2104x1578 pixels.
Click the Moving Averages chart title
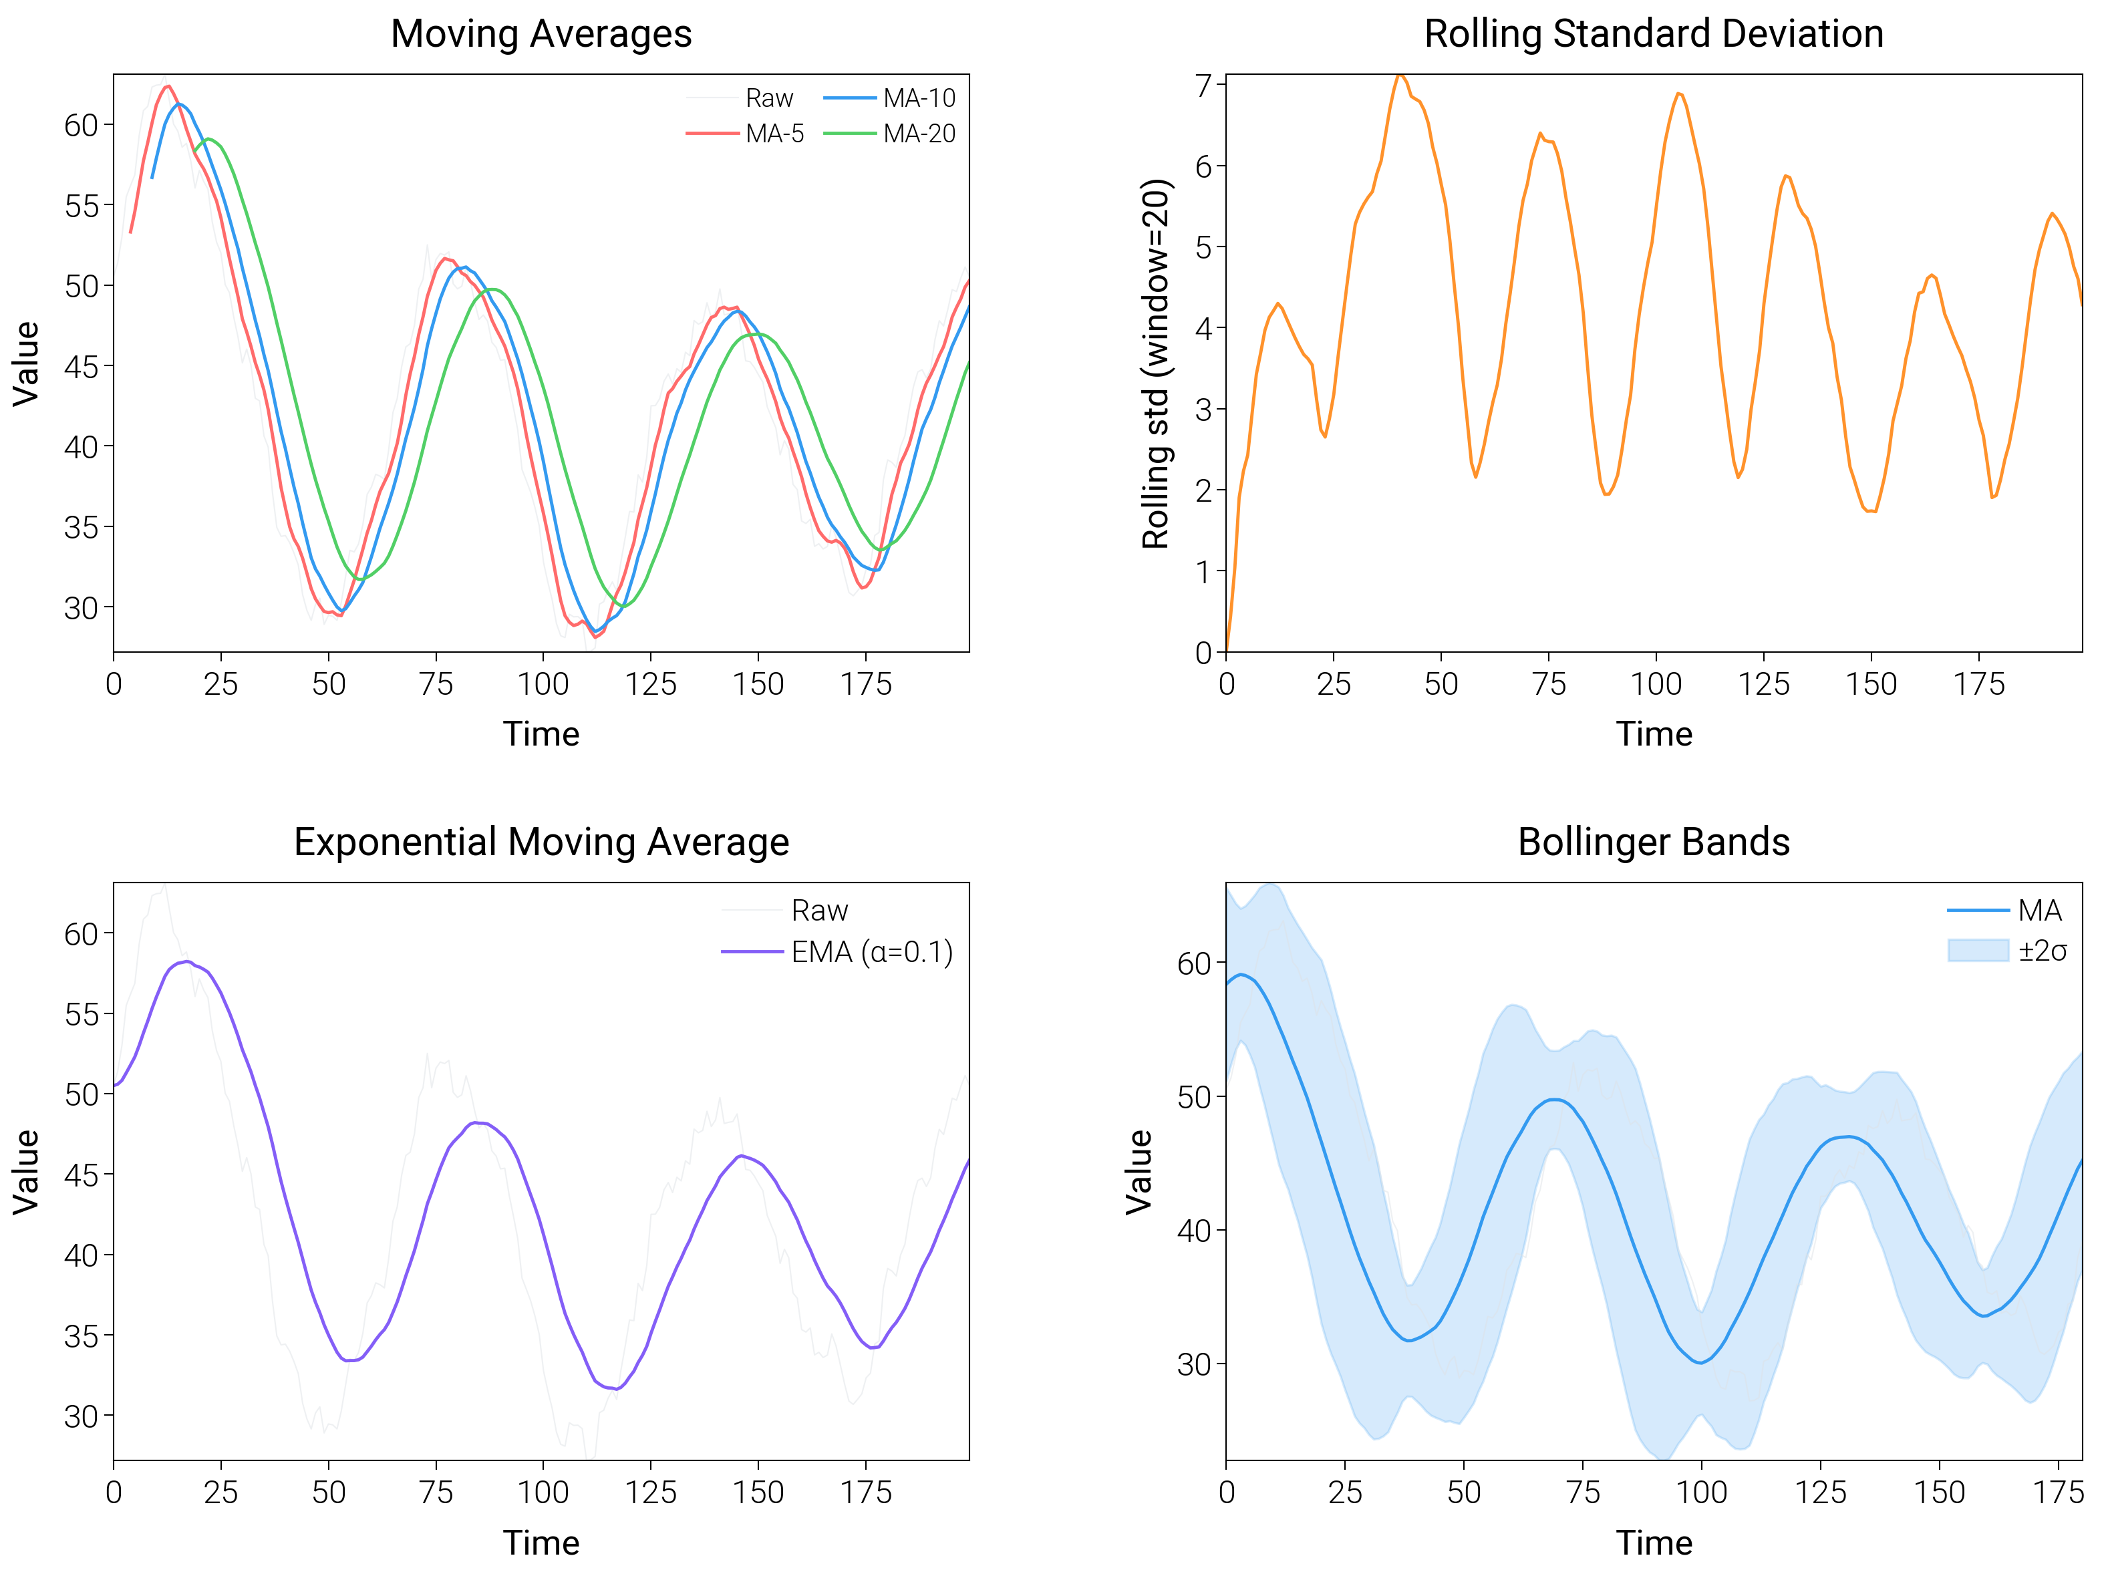pos(541,34)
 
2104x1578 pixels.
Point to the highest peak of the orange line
pos(1399,74)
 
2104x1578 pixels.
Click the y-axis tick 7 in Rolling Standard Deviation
pos(1204,86)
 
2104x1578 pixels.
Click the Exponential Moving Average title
pos(541,842)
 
